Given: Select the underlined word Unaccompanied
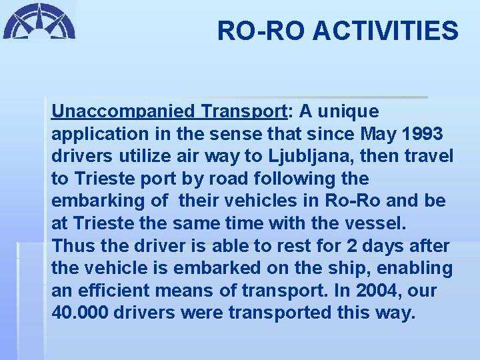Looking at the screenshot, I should pyautogui.click(x=123, y=111).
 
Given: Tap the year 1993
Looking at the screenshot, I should pyautogui.click(x=423, y=133).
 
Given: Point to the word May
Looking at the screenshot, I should pyautogui.click(x=380, y=133).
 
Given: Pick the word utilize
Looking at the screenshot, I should pyautogui.click(x=137, y=156).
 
